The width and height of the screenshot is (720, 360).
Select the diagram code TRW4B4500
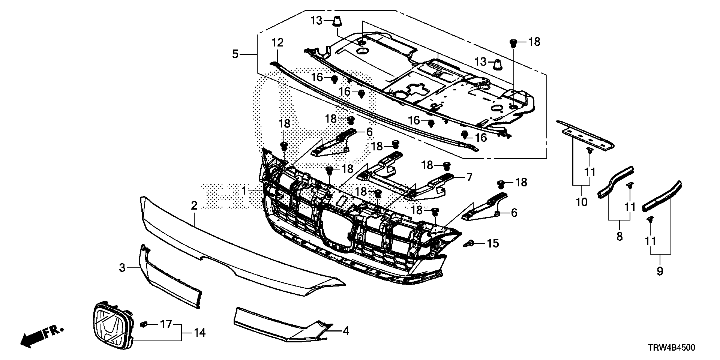click(672, 348)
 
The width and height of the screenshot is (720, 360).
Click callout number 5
click(235, 54)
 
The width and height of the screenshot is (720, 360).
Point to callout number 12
click(278, 42)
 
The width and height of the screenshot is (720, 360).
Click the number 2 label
click(194, 205)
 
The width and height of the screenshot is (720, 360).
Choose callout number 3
click(122, 268)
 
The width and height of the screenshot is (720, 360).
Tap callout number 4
click(346, 331)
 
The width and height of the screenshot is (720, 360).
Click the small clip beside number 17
click(143, 324)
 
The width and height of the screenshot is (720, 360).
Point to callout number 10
click(581, 202)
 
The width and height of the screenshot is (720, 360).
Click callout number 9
click(660, 271)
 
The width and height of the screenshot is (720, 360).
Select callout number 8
click(619, 236)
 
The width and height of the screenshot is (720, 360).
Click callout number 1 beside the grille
click(244, 191)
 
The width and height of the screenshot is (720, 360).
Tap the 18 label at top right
click(534, 42)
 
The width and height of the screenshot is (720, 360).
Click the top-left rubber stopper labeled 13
click(337, 21)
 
